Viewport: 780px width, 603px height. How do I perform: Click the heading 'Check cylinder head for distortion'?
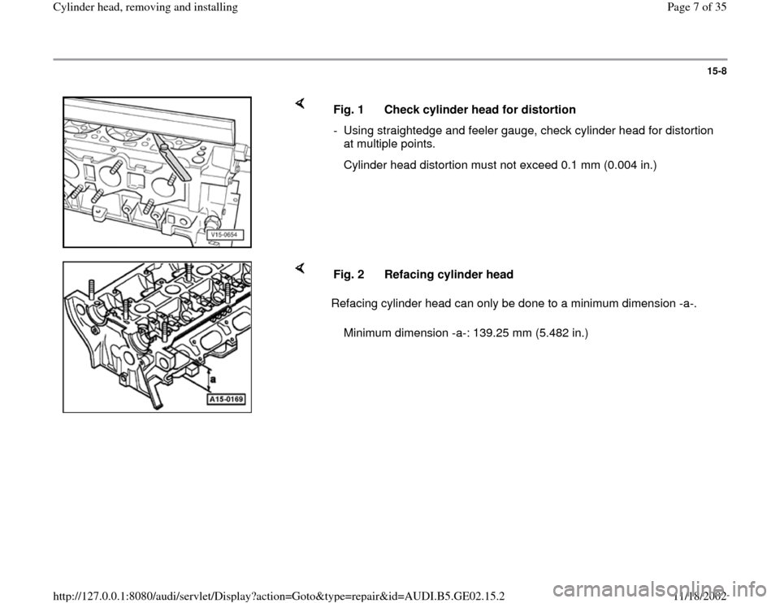click(x=480, y=110)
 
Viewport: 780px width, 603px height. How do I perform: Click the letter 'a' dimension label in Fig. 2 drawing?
click(x=212, y=377)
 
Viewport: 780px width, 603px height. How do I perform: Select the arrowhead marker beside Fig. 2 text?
click(x=299, y=267)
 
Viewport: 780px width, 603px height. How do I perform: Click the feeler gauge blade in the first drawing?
click(x=175, y=162)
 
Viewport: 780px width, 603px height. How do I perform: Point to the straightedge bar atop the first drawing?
click(x=154, y=119)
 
